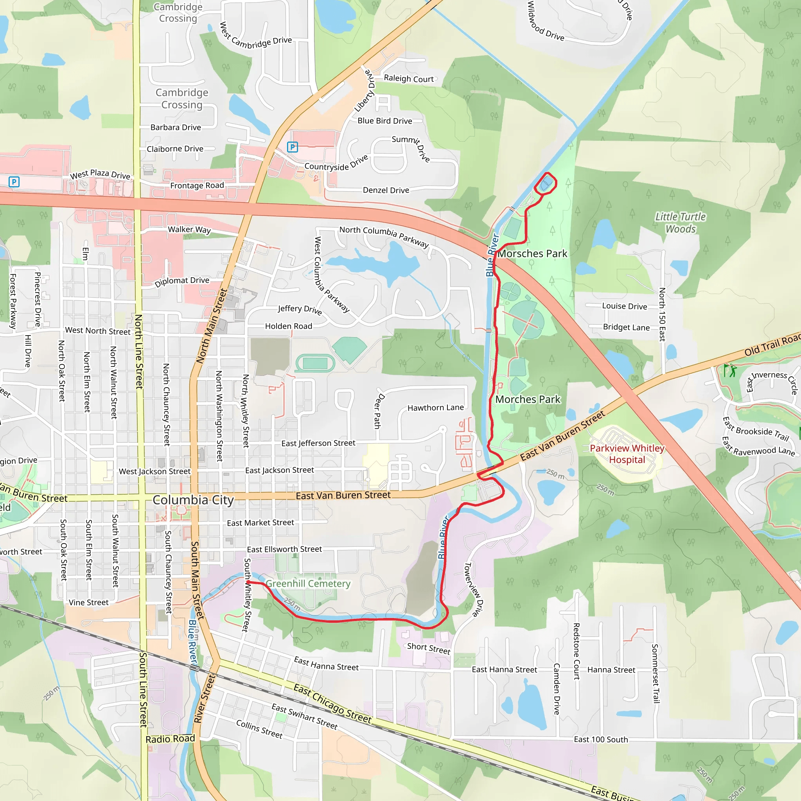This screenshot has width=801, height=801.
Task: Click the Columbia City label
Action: pos(193,500)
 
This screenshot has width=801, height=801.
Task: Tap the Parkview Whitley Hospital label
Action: pos(627,454)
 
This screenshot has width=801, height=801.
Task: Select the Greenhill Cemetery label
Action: pos(308,584)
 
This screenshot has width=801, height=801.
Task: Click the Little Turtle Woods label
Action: pos(681,223)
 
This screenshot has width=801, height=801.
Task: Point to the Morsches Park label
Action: pos(532,254)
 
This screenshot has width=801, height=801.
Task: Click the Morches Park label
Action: pos(527,400)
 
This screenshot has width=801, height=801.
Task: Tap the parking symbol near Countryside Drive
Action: pos(292,147)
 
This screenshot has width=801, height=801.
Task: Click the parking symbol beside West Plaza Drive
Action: pos(14,181)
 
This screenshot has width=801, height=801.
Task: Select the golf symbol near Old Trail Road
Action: pos(730,370)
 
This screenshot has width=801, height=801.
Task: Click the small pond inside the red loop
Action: pos(546,183)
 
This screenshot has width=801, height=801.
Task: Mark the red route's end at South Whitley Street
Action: pos(248,582)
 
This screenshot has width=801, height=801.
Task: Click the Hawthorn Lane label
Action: pos(435,408)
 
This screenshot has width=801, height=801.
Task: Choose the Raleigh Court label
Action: pos(408,78)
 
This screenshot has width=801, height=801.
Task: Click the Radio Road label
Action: pos(170,739)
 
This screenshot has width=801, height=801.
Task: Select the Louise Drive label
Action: pos(624,306)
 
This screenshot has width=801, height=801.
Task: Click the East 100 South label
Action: pos(601,740)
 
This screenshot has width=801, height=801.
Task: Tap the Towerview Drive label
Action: pos(473,589)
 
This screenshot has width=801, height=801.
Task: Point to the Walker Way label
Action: pos(189,230)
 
